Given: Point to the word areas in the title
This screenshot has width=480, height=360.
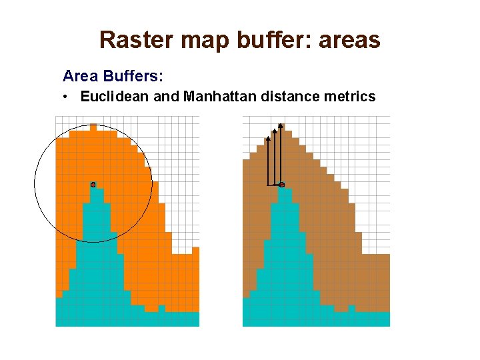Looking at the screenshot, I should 349,40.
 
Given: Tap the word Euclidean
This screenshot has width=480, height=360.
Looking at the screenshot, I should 115,97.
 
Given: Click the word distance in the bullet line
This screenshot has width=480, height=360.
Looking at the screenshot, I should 289,97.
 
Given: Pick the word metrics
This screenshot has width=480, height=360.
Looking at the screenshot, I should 349,97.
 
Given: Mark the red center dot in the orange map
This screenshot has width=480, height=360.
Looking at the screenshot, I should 93,184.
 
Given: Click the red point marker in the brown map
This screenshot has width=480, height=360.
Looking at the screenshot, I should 281,184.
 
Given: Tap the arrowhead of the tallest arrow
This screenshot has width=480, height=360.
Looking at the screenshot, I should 281,125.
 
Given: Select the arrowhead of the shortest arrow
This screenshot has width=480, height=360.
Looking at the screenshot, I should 267,139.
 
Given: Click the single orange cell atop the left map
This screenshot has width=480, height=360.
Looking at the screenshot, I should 93,127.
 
